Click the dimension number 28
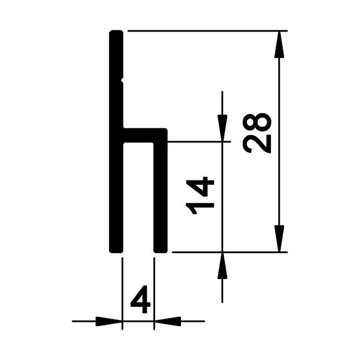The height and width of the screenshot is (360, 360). [258, 133]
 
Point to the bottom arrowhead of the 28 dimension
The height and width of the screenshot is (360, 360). [281, 239]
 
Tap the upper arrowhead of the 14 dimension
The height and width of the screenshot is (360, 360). [222, 129]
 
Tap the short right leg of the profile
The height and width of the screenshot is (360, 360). [161, 194]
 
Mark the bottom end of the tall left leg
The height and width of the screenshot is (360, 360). [116, 249]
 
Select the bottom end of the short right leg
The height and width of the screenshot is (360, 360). [161, 249]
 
